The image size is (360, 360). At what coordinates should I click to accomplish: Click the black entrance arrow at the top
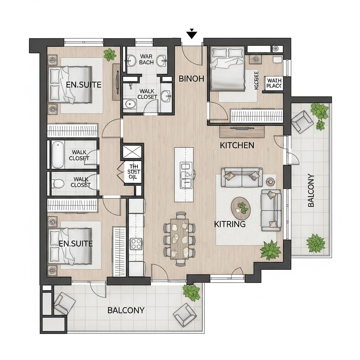[x=192, y=33]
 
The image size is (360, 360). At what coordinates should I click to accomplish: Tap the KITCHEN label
[x=237, y=146]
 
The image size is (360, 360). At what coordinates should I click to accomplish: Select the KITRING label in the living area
[x=229, y=224]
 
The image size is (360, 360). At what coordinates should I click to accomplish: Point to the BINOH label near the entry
[x=192, y=78]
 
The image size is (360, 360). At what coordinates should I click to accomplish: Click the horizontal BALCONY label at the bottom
[x=126, y=310]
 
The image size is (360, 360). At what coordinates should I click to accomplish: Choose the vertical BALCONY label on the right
[x=311, y=190]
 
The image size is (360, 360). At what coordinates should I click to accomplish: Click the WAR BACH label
[x=147, y=59]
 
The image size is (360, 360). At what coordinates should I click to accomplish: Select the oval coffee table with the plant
[x=242, y=208]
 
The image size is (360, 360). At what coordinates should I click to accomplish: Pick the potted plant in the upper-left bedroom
[x=109, y=55]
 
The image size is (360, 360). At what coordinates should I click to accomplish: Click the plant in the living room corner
[x=270, y=250]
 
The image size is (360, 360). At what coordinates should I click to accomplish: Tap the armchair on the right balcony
[x=301, y=121]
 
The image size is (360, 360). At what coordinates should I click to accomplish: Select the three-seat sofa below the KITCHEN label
[x=243, y=177]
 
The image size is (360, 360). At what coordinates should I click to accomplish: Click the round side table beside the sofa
[x=270, y=181]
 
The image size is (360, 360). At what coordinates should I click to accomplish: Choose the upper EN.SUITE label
[x=83, y=84]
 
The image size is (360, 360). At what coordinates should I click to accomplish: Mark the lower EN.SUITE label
[x=76, y=243]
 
